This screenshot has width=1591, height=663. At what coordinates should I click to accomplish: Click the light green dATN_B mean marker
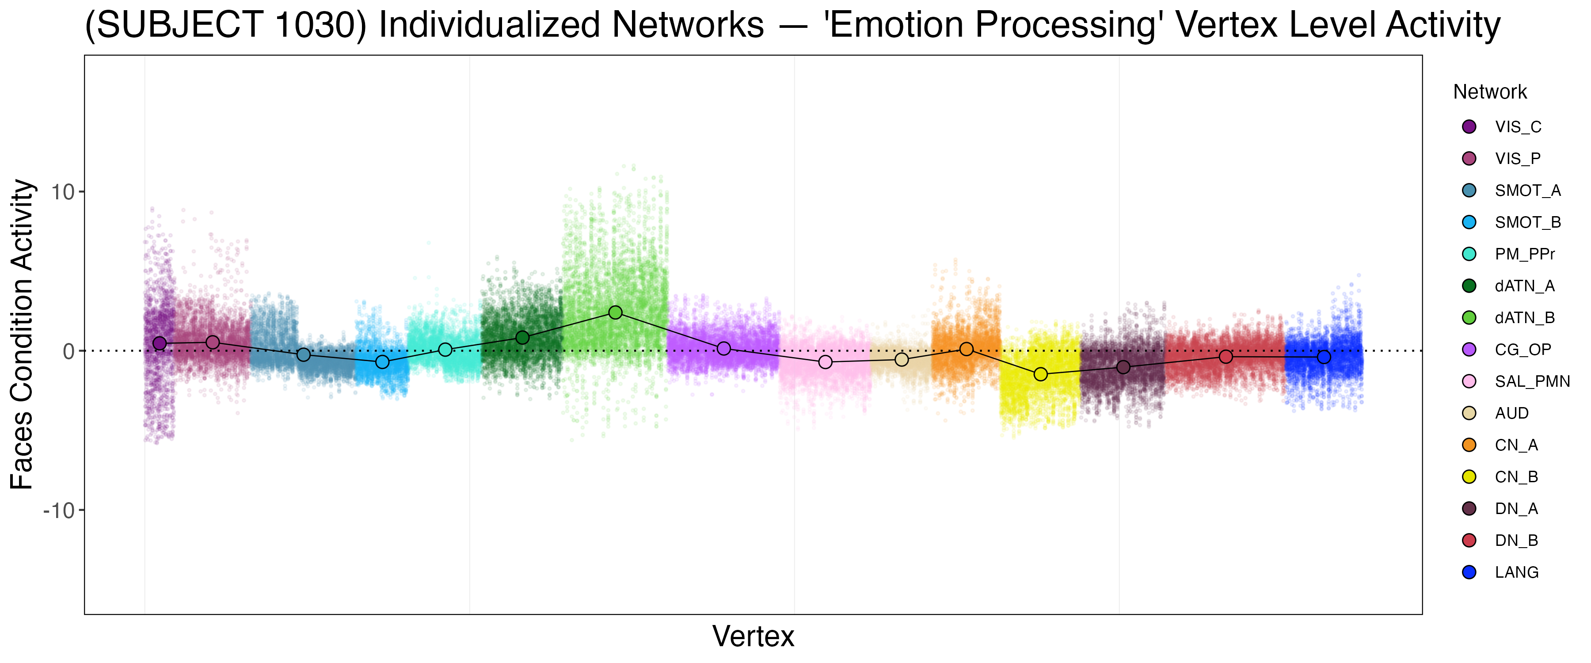615,312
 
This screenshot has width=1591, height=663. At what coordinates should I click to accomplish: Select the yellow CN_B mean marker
1041,374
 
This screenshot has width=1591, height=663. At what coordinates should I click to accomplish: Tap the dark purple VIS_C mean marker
160,343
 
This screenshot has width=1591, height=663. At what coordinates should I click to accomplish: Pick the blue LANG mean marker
1324,357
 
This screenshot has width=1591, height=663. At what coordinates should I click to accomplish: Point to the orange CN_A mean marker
967,349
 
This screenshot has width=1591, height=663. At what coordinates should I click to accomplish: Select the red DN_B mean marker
1226,357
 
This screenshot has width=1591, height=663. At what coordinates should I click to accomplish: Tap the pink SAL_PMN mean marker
825,362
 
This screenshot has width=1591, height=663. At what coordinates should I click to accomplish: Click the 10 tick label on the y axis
62,192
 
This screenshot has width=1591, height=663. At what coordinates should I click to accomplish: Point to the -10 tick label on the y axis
59,511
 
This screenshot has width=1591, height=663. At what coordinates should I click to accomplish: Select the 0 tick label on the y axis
69,351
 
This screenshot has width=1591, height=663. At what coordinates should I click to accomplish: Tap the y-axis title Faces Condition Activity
22,334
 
